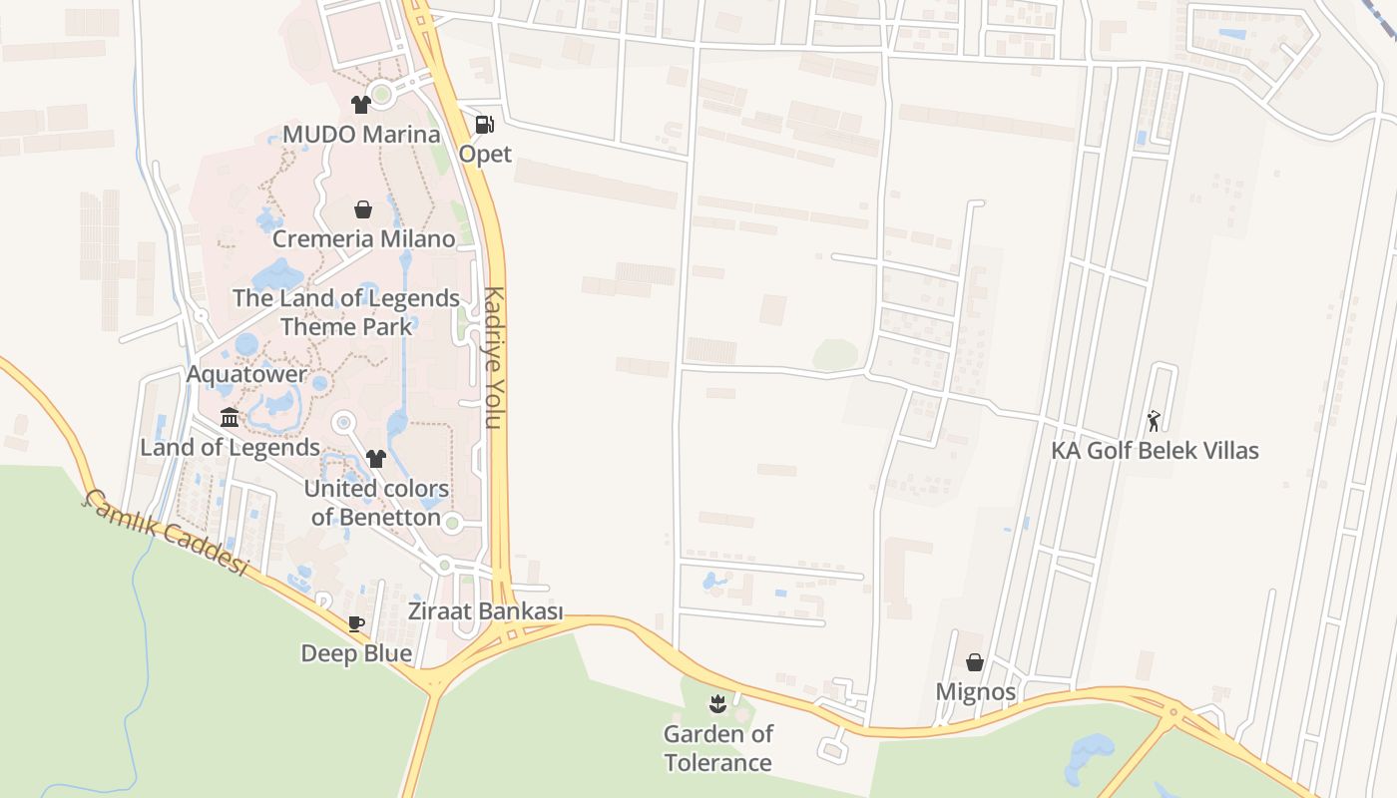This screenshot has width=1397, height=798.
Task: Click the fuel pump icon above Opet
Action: click(485, 125)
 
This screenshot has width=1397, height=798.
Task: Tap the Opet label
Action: click(485, 154)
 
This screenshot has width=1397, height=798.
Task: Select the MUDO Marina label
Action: click(361, 134)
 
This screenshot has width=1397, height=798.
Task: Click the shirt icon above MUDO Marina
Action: click(361, 104)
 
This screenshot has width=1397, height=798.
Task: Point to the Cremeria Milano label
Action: click(363, 238)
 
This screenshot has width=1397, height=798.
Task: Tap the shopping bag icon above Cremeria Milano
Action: click(363, 209)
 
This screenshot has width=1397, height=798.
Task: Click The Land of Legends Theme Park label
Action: click(346, 311)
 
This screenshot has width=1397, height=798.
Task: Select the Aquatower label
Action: click(246, 374)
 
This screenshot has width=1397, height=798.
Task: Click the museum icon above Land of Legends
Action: click(230, 417)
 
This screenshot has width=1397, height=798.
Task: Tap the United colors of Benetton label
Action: click(376, 503)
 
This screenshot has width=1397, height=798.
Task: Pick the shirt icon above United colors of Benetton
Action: click(376, 459)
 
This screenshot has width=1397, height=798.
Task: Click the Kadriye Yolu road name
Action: click(493, 357)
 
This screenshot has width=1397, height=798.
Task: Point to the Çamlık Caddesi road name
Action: click(166, 533)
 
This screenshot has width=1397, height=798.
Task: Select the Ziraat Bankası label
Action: click(485, 611)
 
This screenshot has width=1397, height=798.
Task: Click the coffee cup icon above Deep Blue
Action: click(356, 624)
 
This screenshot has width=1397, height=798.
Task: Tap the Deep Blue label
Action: click(356, 653)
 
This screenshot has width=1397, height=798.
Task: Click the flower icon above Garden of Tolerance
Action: click(716, 705)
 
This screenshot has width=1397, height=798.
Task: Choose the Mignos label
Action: click(975, 691)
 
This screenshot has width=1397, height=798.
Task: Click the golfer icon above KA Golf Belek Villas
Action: click(1154, 421)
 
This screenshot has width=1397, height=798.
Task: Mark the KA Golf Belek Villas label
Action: click(1155, 450)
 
